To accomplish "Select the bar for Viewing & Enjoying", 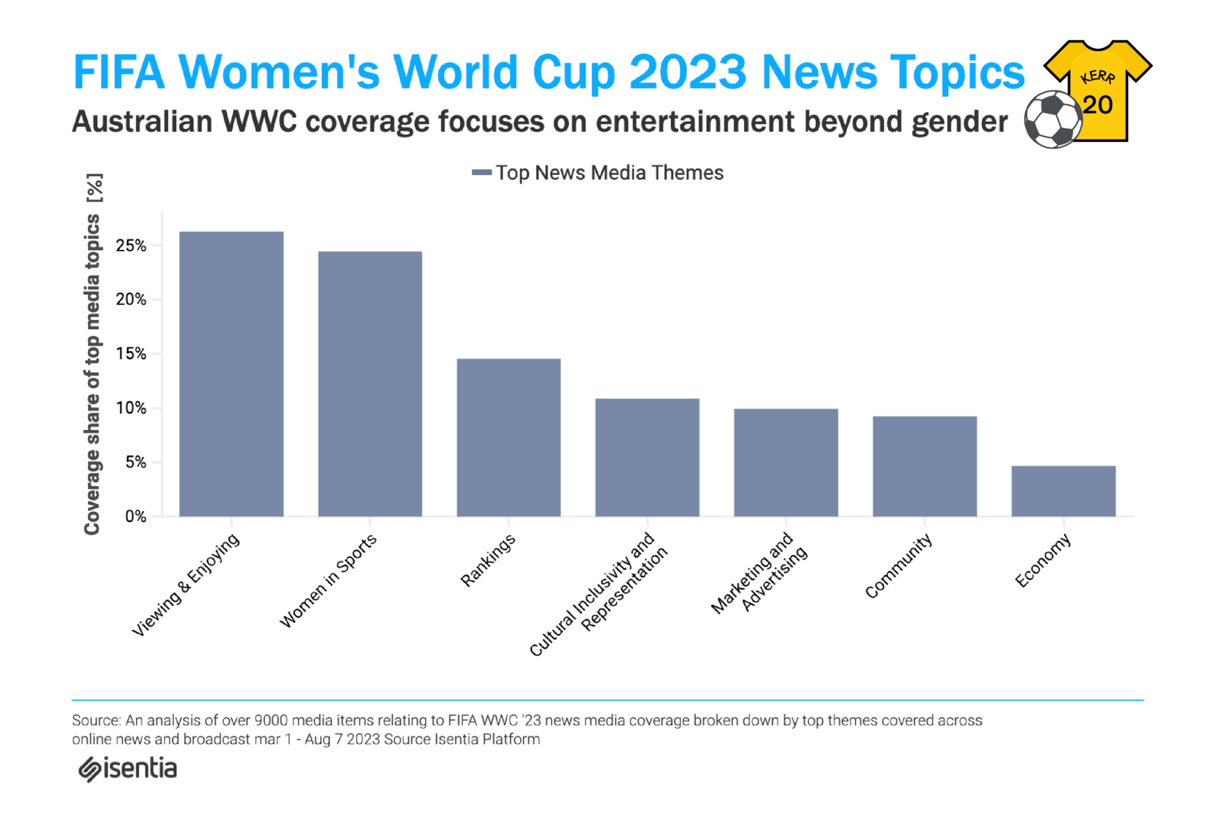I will [x=231, y=373].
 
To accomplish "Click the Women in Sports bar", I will [x=370, y=384].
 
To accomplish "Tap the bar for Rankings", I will [x=508, y=437].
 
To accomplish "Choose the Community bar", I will [x=924, y=466].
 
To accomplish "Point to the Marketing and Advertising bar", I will [x=786, y=462].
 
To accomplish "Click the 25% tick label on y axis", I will [x=131, y=245].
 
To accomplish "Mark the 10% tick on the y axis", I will [x=131, y=408].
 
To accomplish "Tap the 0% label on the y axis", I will [x=135, y=516].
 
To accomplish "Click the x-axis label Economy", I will [x=1043, y=560].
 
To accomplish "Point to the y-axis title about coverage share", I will [x=93, y=354].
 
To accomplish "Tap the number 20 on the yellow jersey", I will [x=1097, y=105].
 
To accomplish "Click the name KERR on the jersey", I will [x=1098, y=77].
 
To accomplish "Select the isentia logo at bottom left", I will [x=128, y=769].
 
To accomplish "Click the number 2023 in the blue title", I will [x=688, y=72].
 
